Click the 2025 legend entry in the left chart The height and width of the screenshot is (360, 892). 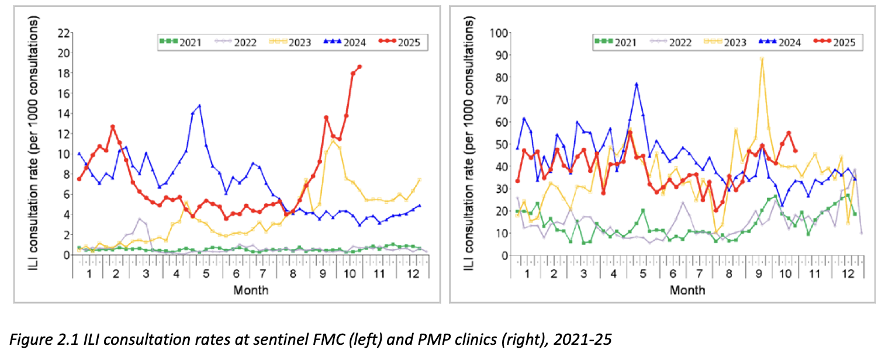click(x=399, y=42)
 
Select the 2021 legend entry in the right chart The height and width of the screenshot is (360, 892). click(x=616, y=42)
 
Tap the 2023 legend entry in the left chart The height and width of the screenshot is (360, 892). click(x=290, y=42)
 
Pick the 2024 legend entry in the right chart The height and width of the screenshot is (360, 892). click(x=780, y=42)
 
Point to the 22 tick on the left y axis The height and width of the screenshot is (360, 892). click(x=64, y=33)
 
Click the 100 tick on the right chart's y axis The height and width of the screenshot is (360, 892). click(x=499, y=33)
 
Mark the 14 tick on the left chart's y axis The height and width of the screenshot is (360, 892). click(x=64, y=114)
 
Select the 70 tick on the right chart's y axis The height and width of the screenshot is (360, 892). click(x=502, y=99)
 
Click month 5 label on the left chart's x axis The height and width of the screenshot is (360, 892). click(x=206, y=274)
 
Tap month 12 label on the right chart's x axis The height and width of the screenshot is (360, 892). click(x=848, y=274)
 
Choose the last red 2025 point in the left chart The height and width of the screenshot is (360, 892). click(x=359, y=67)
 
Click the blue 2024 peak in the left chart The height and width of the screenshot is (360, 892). click(x=199, y=106)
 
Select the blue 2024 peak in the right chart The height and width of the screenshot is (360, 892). click(x=637, y=84)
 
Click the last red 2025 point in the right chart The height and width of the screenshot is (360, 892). click(x=795, y=151)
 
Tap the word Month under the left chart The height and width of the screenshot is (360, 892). click(x=251, y=290)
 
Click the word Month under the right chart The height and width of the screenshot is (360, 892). click(x=687, y=290)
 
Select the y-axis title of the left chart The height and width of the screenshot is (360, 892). click(x=33, y=143)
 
